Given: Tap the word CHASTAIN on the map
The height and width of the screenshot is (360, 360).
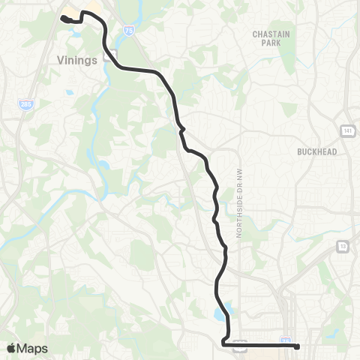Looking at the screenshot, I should click(266, 34).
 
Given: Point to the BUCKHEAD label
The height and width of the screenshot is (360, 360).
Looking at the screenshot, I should click(316, 151).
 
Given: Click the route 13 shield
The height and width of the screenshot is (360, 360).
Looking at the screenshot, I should click(343, 245).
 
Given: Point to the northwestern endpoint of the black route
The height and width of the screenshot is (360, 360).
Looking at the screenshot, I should click(62, 16).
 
